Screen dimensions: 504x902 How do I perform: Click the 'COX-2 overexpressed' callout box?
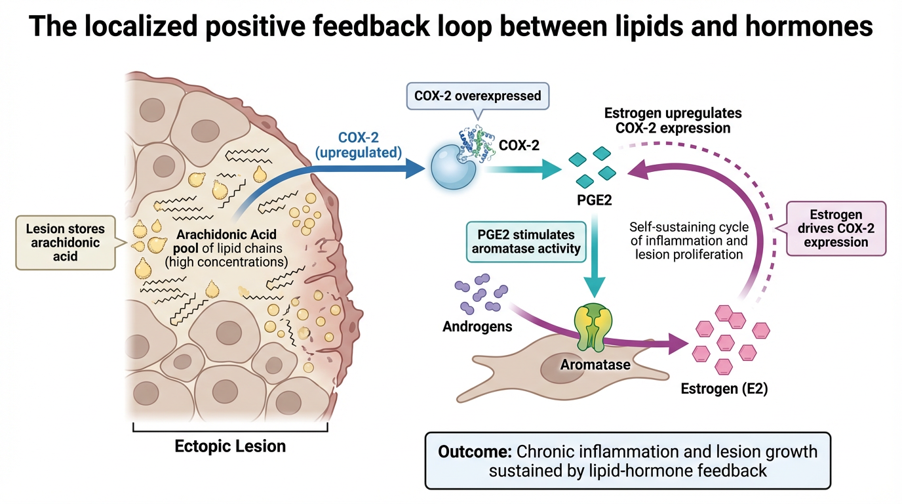[477, 96]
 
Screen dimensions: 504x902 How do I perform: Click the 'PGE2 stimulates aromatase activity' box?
[526, 241]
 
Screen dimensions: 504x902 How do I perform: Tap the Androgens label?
[477, 326]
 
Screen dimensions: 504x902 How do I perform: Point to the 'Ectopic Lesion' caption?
[230, 446]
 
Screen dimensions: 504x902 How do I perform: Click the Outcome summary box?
[627, 461]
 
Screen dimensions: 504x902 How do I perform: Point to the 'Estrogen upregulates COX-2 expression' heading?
[673, 121]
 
